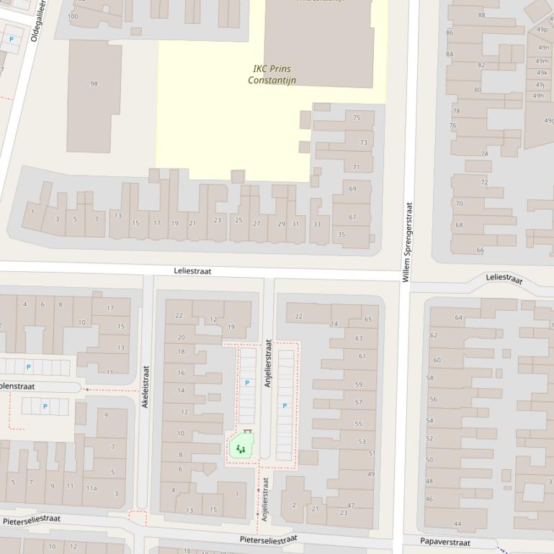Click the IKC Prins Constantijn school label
(x=272, y=74)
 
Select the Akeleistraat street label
(x=145, y=387)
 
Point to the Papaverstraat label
(x=445, y=542)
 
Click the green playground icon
(x=241, y=450)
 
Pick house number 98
(x=94, y=84)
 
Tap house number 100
(x=73, y=16)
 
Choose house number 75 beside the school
(x=357, y=117)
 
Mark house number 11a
(x=91, y=488)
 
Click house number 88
(x=481, y=14)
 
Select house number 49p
(x=542, y=29)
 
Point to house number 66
(x=480, y=250)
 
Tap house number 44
(x=457, y=524)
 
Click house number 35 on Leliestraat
(x=341, y=234)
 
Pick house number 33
(x=316, y=224)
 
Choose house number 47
(x=352, y=506)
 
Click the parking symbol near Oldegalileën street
(x=11, y=39)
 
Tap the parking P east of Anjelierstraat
(x=285, y=406)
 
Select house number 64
(x=458, y=317)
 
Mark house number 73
(x=363, y=142)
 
